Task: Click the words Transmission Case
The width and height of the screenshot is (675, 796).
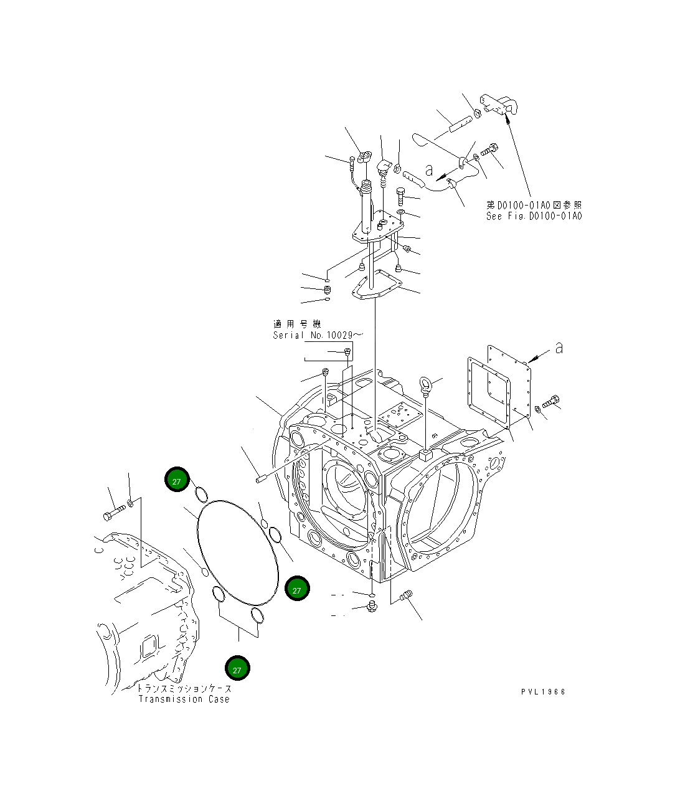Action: click(184, 699)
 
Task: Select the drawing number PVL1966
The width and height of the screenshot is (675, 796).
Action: click(544, 692)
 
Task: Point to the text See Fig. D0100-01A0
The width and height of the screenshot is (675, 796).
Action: click(534, 216)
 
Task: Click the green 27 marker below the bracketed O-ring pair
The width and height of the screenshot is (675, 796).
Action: click(237, 668)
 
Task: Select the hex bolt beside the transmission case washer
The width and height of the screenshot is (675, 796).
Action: click(113, 514)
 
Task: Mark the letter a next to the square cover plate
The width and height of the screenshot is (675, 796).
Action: click(559, 349)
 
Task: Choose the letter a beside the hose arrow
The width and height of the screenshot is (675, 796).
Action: click(428, 169)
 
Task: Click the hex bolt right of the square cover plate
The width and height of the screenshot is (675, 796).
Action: click(550, 402)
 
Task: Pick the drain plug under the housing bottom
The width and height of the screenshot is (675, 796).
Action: click(371, 605)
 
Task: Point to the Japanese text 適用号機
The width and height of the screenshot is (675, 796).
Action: click(296, 324)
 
